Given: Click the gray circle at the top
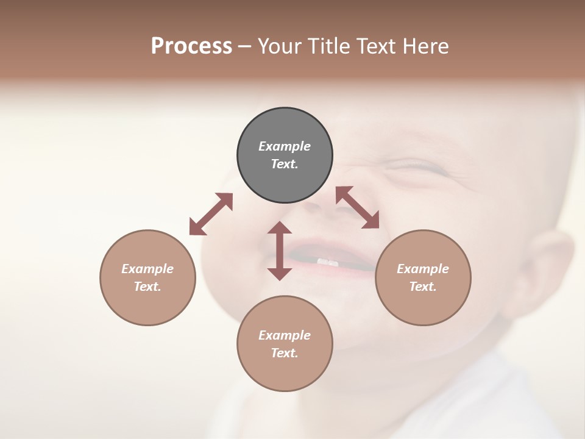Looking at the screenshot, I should tap(285, 155).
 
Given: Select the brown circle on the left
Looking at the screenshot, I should tap(147, 277).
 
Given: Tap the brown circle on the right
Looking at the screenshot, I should tap(423, 277).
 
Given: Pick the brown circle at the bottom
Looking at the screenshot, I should tap(285, 344).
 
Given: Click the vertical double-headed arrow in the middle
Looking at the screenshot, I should tap(280, 251).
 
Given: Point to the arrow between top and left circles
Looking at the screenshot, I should tap(211, 214).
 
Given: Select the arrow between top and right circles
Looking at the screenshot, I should tap(358, 207).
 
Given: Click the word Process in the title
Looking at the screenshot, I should tap(191, 46).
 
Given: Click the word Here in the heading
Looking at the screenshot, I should tap(425, 46).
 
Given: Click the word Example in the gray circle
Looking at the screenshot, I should tap(285, 146).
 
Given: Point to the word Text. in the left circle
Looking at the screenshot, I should tap(147, 287).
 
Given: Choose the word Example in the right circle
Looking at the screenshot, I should tap(423, 269).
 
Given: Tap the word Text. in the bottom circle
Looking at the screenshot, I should tap(285, 353).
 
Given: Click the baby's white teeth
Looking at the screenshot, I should tap(327, 262).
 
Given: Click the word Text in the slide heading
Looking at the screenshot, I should tap(375, 46).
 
